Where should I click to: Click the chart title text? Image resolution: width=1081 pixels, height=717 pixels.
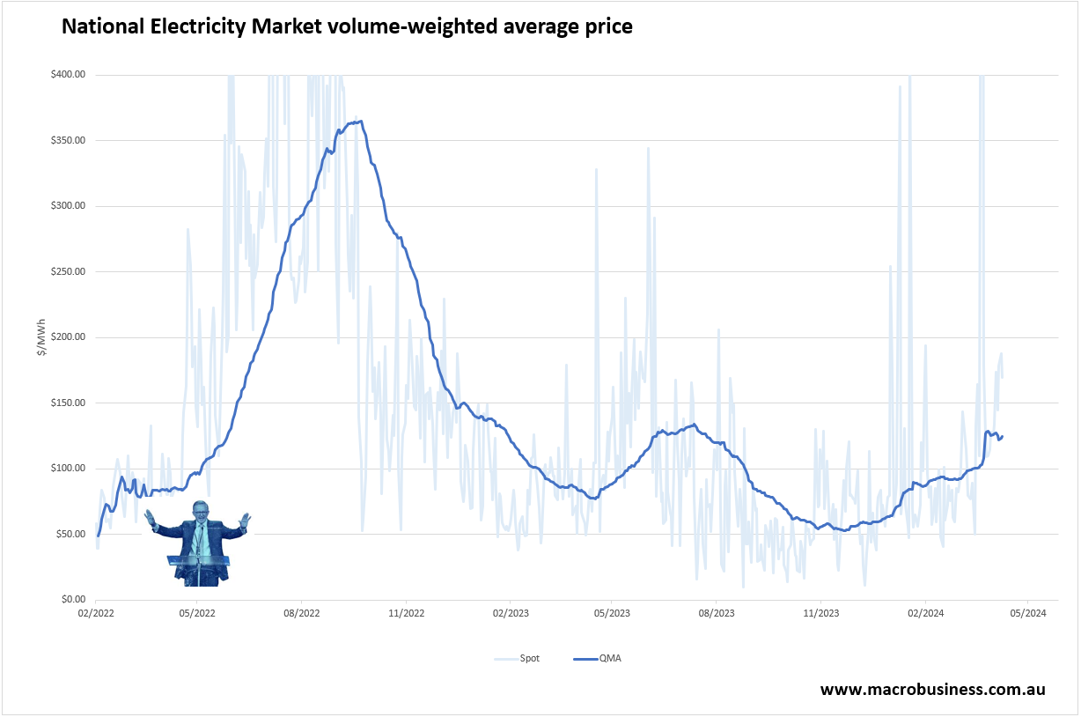pyautogui.click(x=346, y=27)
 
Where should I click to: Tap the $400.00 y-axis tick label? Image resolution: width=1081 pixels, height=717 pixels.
pyautogui.click(x=68, y=75)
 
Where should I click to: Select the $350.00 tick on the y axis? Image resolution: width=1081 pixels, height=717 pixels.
pyautogui.click(x=68, y=141)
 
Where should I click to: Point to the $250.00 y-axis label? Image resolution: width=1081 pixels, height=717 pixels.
pyautogui.click(x=68, y=271)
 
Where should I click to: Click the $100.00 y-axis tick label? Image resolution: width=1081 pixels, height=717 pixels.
pyautogui.click(x=68, y=468)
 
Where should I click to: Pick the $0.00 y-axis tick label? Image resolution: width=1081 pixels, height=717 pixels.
pyautogui.click(x=72, y=599)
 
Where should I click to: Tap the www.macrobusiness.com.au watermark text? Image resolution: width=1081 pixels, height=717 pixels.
pyautogui.click(x=933, y=690)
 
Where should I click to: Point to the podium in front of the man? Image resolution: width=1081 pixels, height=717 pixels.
pyautogui.click(x=199, y=564)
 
